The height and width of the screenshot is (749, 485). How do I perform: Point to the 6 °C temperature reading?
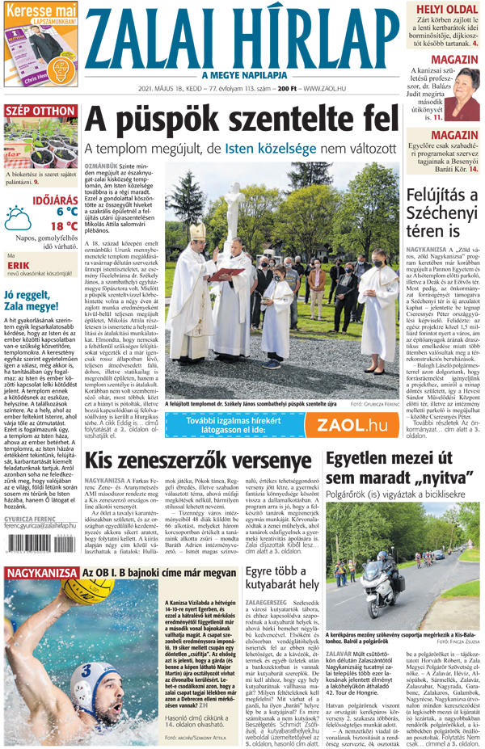(66, 212)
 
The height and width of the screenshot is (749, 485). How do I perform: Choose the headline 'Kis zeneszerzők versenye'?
(199, 461)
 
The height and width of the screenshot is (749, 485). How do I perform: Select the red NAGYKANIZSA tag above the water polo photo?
(41, 550)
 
